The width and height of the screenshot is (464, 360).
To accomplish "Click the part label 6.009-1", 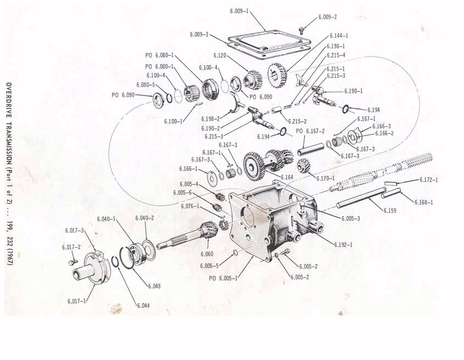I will click(x=239, y=10).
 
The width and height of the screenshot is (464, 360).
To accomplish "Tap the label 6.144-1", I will click(x=339, y=36).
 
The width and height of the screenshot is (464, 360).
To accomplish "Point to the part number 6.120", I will click(x=220, y=55).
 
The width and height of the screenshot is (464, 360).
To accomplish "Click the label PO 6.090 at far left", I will click(x=123, y=95).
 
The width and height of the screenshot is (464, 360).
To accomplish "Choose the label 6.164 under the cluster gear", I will click(x=287, y=177).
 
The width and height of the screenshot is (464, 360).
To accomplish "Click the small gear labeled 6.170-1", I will click(x=304, y=165).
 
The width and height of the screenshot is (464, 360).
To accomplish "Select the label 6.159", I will click(x=390, y=210).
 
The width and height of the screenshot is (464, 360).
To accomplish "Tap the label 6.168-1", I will click(x=423, y=202).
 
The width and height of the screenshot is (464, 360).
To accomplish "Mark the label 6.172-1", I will click(x=428, y=179).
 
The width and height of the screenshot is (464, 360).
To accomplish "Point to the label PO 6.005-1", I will click(x=223, y=278).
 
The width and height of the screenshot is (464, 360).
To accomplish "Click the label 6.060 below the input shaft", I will click(x=208, y=254).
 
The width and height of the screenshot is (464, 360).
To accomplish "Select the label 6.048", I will click(x=154, y=286).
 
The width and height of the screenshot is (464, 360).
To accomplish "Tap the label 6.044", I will click(x=143, y=305).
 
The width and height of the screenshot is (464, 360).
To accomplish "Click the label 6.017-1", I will click(x=77, y=301).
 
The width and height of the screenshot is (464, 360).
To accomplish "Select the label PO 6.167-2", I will click(x=310, y=131).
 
